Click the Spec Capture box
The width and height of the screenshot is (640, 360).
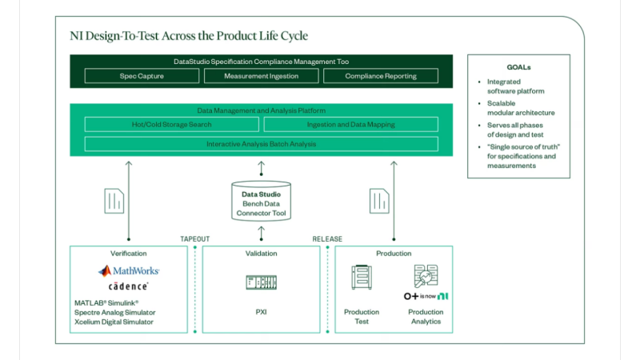(142, 76)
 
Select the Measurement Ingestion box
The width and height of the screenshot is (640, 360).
(262, 76)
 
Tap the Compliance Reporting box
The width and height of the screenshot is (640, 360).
(381, 76)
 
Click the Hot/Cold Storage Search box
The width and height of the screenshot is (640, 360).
(172, 125)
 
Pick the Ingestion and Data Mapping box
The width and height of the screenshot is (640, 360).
(351, 125)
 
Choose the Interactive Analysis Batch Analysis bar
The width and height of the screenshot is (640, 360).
(262, 144)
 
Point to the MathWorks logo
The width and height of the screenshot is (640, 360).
(129, 271)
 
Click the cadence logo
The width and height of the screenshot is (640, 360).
(129, 286)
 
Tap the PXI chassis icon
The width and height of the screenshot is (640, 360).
(262, 282)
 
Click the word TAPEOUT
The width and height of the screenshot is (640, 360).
(194, 238)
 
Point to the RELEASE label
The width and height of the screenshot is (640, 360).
(327, 238)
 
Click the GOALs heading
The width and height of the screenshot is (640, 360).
(518, 68)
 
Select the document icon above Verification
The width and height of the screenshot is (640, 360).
(114, 200)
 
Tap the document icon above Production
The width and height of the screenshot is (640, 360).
(379, 200)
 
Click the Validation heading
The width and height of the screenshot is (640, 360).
(262, 254)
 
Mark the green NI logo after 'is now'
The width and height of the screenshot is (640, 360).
(442, 296)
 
